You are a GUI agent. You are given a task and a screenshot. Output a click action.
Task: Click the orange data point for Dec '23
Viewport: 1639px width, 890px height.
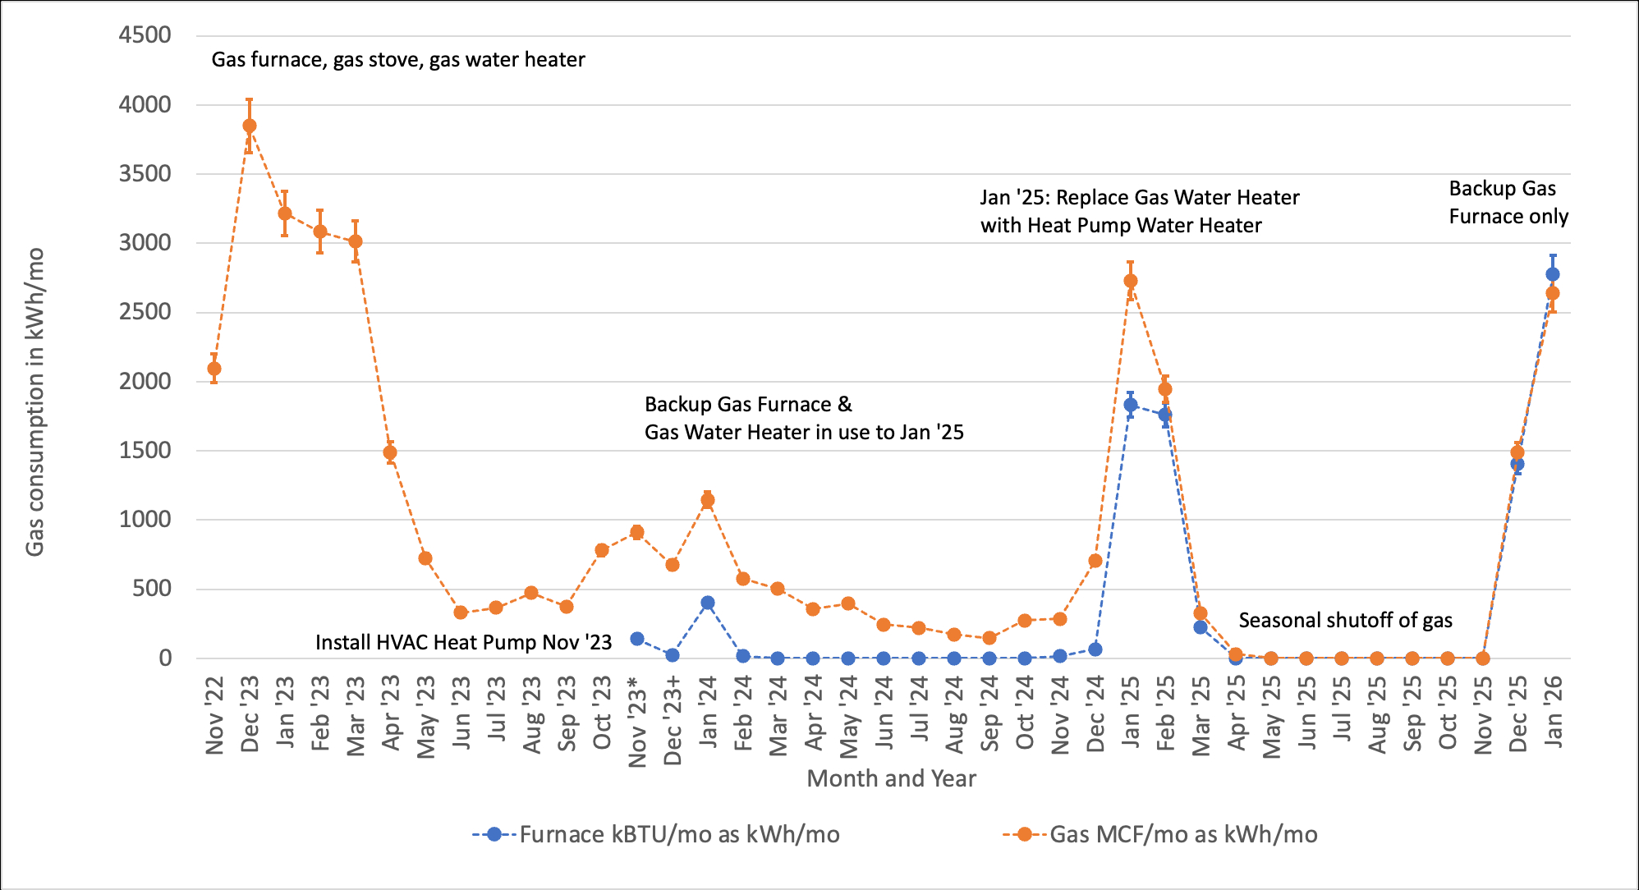tap(250, 126)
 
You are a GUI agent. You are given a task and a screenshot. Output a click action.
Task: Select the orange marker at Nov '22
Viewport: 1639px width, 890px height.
tap(214, 369)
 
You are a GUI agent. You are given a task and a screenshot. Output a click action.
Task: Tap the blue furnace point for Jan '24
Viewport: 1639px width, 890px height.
tap(708, 603)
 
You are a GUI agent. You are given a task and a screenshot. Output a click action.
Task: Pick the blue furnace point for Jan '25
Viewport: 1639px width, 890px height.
tap(1131, 405)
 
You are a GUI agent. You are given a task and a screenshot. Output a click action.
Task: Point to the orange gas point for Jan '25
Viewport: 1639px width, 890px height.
tap(1131, 281)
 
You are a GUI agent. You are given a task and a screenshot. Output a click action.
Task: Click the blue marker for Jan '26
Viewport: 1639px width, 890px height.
tap(1553, 274)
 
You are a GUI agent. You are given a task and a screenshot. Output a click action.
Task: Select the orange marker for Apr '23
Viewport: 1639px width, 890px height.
tap(390, 452)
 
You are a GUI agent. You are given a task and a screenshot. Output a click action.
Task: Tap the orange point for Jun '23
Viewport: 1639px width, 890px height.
tap(461, 612)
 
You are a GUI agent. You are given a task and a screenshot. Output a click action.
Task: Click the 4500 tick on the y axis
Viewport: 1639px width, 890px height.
tap(145, 35)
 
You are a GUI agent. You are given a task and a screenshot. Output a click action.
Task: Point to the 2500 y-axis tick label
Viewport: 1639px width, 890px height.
tap(145, 312)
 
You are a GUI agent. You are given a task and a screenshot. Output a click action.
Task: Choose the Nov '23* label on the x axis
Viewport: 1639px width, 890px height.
tap(638, 722)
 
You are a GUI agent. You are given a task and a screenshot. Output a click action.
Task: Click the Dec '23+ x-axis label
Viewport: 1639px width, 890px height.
tap(673, 721)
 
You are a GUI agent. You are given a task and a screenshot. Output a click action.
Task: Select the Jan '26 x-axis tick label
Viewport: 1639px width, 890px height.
tap(1554, 712)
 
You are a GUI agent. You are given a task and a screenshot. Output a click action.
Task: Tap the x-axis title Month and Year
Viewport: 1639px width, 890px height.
tap(891, 778)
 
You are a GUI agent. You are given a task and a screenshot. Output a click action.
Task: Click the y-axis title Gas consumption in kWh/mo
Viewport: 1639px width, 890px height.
tap(35, 402)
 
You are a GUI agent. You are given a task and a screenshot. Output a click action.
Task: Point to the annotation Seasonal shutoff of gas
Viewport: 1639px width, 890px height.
tap(1345, 620)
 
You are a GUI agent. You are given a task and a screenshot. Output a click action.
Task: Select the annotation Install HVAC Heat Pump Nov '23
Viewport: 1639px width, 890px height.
tap(463, 642)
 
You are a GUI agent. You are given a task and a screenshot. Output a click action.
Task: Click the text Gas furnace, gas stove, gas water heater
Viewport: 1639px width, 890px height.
tap(398, 60)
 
